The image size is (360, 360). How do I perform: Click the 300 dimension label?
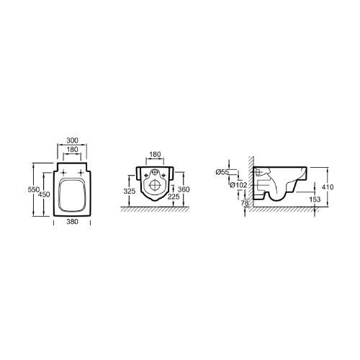pos(72,140)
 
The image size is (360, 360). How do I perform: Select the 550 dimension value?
pos(34,189)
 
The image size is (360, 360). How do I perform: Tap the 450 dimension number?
pos(44,194)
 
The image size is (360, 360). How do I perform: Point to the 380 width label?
pos(72,222)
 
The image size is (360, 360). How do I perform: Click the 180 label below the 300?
pos(72,150)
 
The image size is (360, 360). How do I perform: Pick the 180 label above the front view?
pos(155,154)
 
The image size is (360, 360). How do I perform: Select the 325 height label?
pos(130,192)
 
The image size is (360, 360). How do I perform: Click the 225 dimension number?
pos(174,197)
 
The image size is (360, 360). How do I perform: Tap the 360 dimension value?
pos(184,189)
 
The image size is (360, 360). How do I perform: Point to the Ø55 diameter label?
pos(222,172)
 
